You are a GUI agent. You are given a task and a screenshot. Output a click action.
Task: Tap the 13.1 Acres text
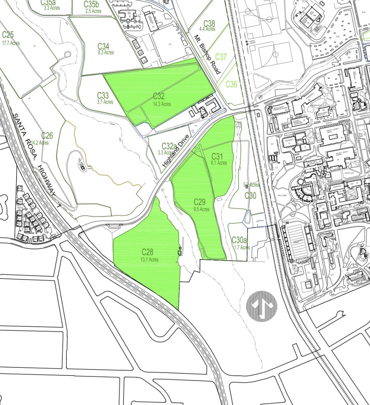(149, 259)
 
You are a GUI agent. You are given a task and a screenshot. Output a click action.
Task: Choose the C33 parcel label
(103, 95)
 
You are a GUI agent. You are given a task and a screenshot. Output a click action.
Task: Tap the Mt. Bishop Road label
(207, 55)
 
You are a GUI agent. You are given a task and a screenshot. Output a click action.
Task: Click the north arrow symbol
(261, 305)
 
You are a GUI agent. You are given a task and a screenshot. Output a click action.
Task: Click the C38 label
(209, 23)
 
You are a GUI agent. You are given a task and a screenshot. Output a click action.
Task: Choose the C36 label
(231, 84)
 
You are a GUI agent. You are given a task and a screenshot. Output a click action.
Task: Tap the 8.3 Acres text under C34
(105, 53)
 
